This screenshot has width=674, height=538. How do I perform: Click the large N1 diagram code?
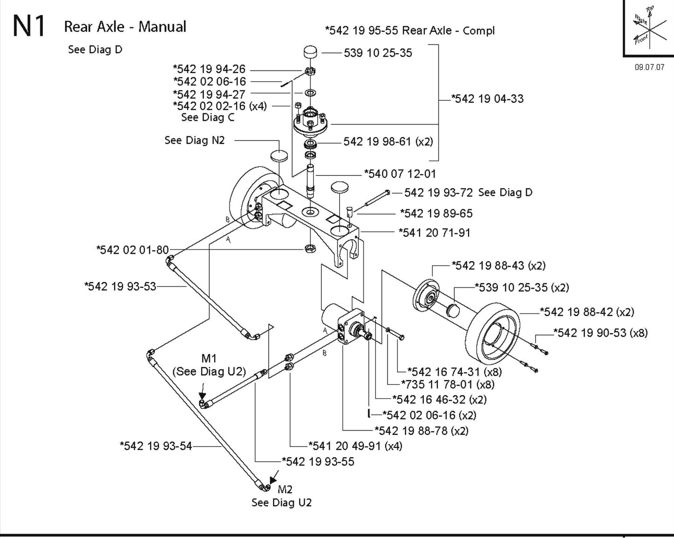(x=29, y=27)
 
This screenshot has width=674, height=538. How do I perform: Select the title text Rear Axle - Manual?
(x=125, y=27)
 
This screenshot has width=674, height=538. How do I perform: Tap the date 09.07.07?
(x=649, y=67)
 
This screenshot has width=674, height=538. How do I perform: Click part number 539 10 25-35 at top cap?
(x=378, y=53)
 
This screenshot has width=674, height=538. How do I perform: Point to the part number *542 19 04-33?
(x=487, y=99)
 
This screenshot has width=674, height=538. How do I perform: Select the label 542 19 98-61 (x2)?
(x=388, y=141)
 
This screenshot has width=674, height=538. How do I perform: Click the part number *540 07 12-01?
(x=400, y=174)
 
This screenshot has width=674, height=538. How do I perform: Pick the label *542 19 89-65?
(x=436, y=214)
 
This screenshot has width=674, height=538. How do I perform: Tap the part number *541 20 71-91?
(x=434, y=232)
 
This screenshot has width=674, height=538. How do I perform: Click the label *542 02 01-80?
(x=132, y=250)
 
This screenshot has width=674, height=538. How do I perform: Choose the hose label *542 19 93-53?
(x=120, y=286)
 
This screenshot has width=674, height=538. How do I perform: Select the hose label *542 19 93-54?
(x=156, y=446)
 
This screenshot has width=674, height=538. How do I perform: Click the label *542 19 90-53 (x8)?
(x=600, y=333)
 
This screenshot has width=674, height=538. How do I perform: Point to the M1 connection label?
(x=209, y=358)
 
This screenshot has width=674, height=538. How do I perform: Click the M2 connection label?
(x=285, y=489)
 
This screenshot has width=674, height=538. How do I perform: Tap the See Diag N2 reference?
(x=195, y=140)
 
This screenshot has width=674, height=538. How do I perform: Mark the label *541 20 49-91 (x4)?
(x=355, y=446)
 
